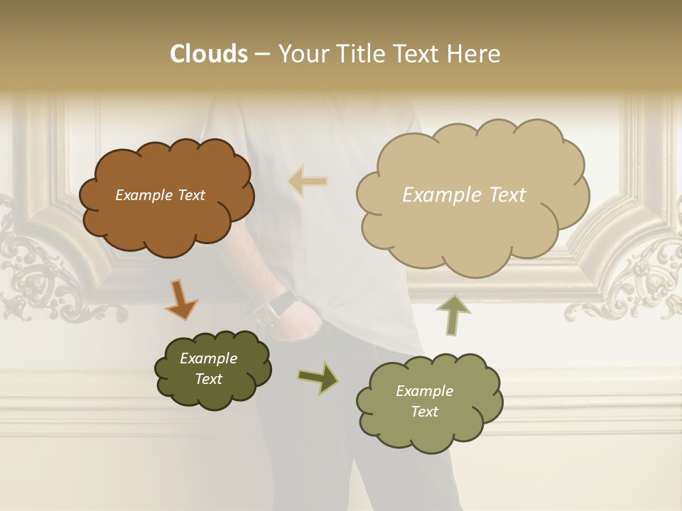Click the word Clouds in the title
click(208, 54)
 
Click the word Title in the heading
click(358, 54)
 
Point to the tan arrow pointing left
click(308, 182)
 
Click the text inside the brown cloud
click(160, 195)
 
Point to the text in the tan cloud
click(464, 195)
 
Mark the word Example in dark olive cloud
click(208, 358)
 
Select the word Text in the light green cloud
click(424, 412)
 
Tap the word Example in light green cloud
click(424, 391)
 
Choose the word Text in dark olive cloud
click(208, 379)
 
